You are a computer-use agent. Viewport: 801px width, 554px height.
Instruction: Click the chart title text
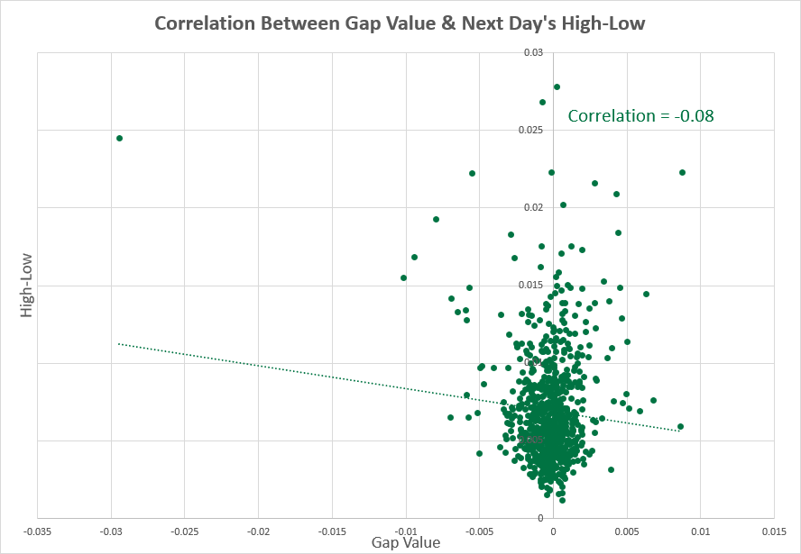(x=400, y=23)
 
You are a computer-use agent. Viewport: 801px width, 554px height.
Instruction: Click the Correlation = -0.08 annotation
(x=640, y=115)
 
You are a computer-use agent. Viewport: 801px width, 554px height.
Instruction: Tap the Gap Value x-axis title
(x=406, y=542)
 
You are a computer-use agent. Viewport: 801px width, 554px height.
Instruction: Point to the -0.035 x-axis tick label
(x=37, y=531)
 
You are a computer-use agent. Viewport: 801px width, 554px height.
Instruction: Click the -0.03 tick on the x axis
(x=111, y=531)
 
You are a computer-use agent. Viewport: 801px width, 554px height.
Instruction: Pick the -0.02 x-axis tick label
(x=258, y=531)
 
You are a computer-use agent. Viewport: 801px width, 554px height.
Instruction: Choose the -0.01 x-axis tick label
(x=406, y=531)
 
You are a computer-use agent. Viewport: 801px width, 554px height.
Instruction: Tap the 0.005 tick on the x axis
(x=628, y=531)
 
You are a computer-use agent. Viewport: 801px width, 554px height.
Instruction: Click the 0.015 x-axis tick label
(x=775, y=531)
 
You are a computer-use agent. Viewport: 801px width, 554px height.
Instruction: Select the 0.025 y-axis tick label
(x=535, y=131)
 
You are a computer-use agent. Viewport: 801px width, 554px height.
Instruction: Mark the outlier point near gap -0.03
(x=119, y=138)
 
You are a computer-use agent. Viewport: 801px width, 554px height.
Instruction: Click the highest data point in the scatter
(x=557, y=87)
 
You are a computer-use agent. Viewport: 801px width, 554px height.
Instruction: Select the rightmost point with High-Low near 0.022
(x=682, y=172)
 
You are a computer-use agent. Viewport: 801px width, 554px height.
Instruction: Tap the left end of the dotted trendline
(x=119, y=344)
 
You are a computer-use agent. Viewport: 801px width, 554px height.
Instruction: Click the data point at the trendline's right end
(x=680, y=426)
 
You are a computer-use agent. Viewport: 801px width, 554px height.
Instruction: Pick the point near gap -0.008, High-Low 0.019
(x=436, y=219)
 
